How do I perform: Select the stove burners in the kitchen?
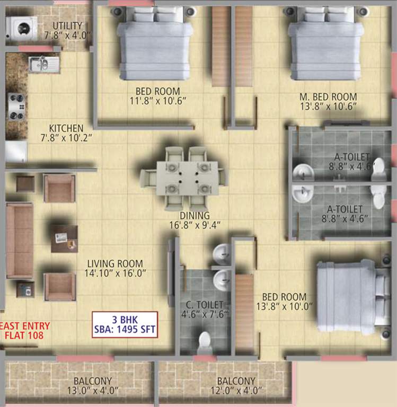pyautogui.click(x=16, y=107)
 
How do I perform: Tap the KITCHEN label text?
pyautogui.click(x=66, y=128)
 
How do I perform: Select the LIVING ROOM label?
pyautogui.click(x=115, y=263)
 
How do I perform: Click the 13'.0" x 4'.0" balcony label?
pyautogui.click(x=92, y=391)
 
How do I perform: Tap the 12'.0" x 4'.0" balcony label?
pyautogui.click(x=235, y=391)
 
